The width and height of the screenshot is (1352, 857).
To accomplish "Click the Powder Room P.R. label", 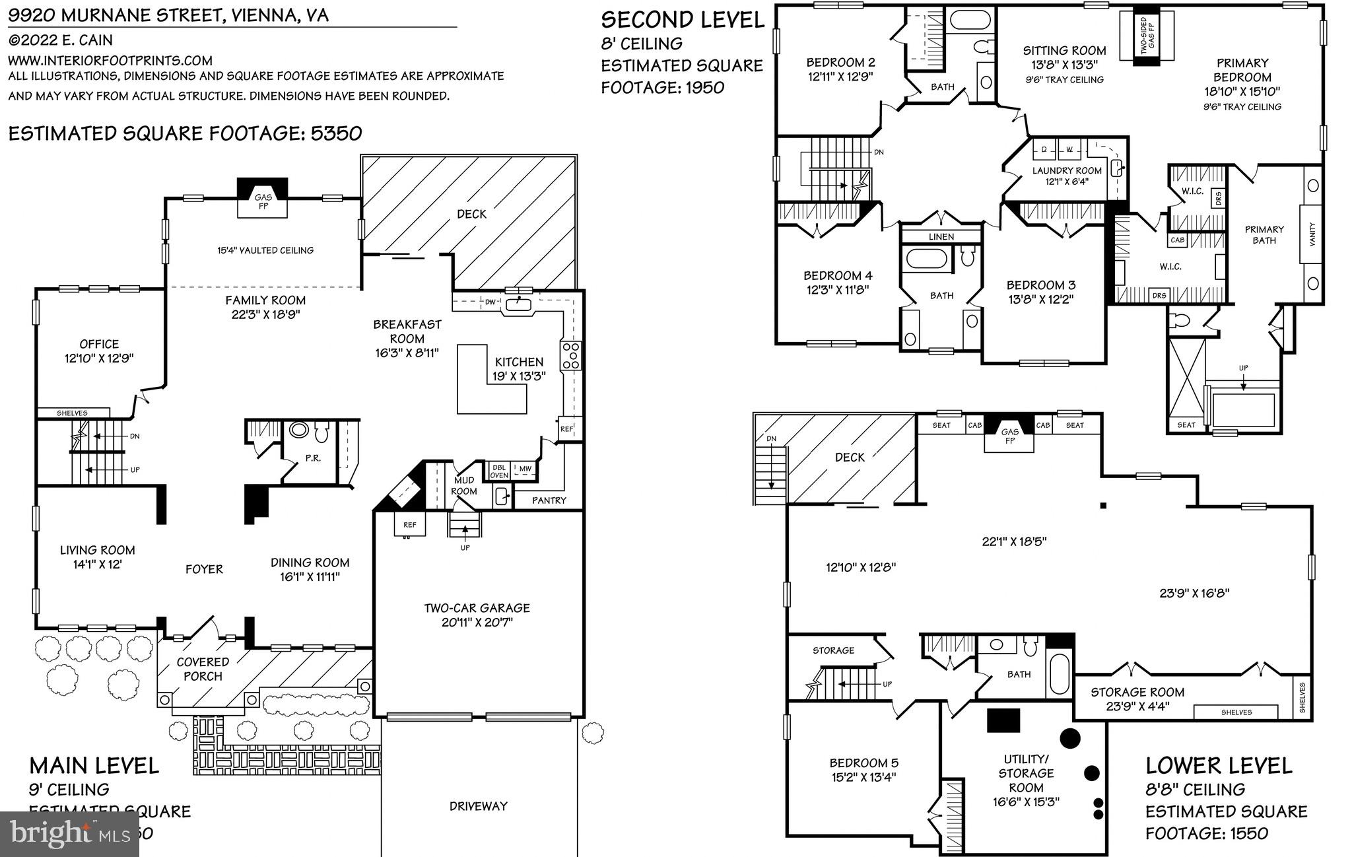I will [x=313, y=458].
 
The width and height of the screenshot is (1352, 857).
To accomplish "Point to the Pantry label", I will [x=549, y=500].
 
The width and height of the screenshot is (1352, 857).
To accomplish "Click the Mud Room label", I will [x=463, y=486].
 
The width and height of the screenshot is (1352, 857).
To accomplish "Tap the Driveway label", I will [x=478, y=806].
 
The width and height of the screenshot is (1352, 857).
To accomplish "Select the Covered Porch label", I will [x=203, y=669].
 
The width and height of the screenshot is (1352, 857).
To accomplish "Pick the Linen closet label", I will [x=941, y=236].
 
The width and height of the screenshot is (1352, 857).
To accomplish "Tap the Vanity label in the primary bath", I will [x=1312, y=234].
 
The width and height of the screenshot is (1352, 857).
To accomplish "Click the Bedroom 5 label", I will [x=864, y=770].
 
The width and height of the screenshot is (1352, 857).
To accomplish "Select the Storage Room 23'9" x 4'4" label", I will [x=1137, y=699].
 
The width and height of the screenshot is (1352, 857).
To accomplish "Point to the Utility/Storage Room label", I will [x=1026, y=780].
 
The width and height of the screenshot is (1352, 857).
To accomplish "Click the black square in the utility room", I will [x=1003, y=720].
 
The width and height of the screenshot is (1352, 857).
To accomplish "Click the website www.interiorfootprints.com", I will [x=110, y=61].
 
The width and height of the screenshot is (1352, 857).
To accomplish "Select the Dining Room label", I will [x=310, y=569].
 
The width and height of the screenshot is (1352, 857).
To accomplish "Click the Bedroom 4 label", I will [x=838, y=282].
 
